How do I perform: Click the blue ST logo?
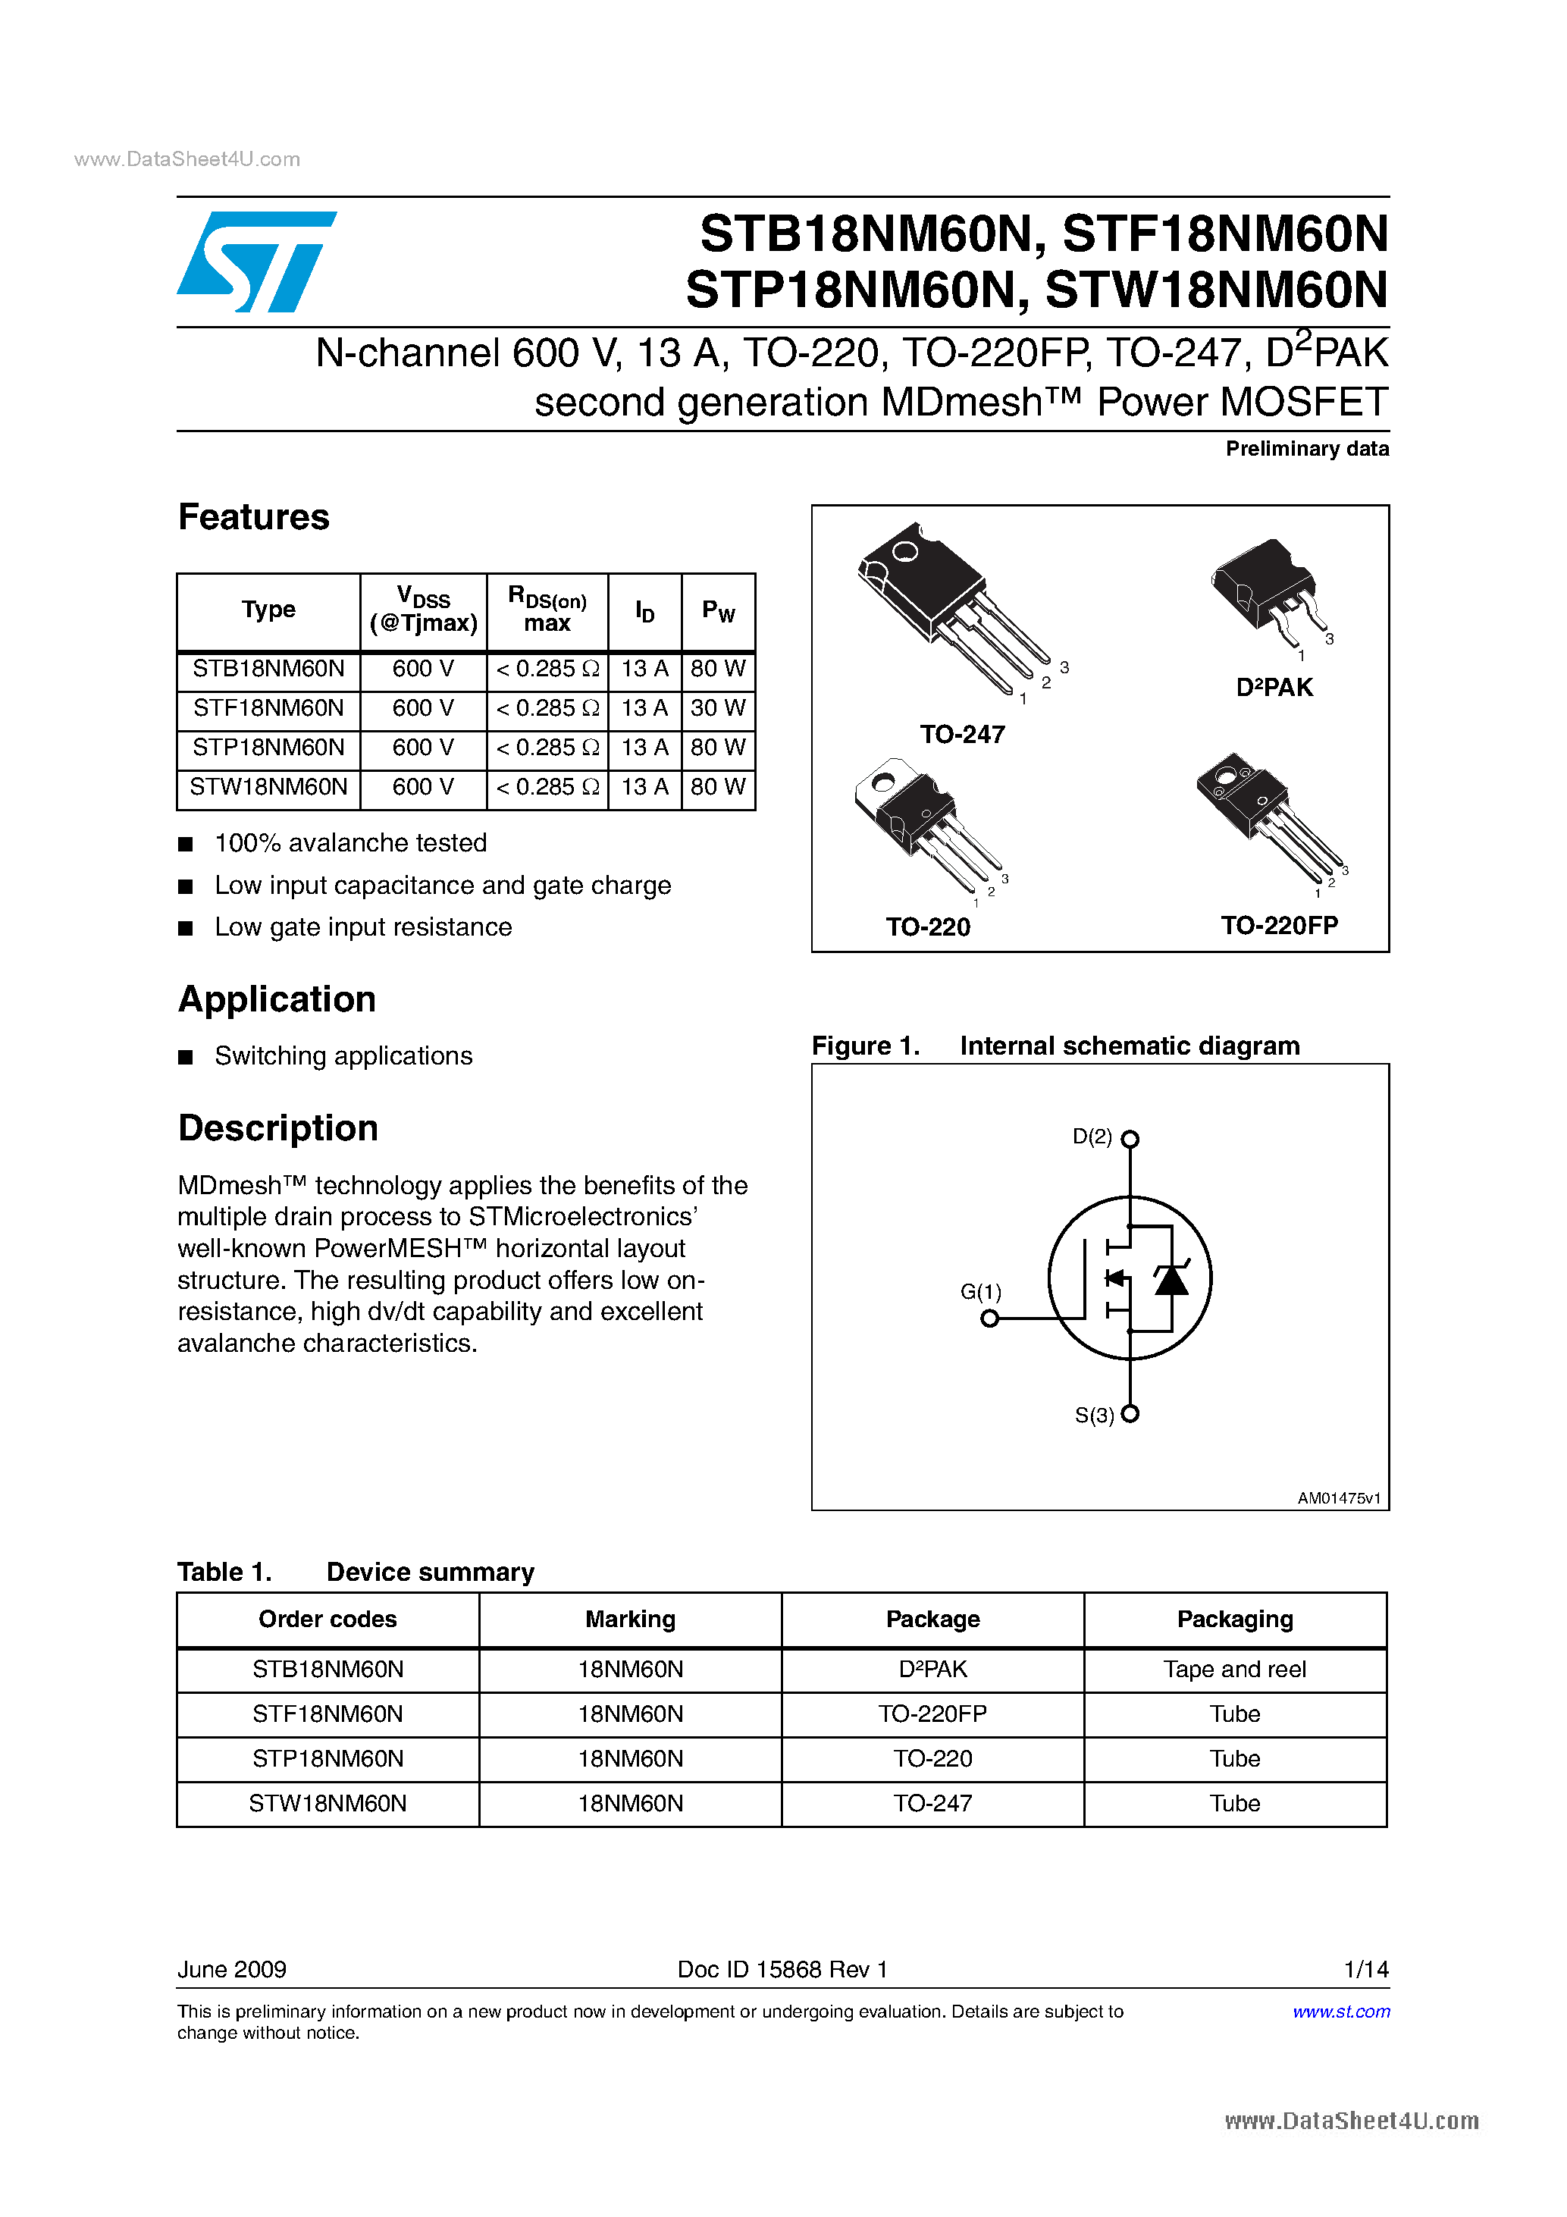coord(255,262)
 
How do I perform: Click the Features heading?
coord(254,518)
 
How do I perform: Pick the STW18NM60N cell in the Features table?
coord(268,787)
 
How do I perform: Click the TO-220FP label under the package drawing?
coord(1279,926)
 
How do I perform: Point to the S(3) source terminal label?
coord(1095,1416)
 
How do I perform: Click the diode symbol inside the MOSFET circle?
coord(1172,1279)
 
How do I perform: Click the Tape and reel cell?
coord(1234,1670)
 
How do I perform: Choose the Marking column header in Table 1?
coord(631,1620)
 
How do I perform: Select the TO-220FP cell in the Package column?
coord(932,1714)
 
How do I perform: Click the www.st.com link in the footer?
coord(1341,2012)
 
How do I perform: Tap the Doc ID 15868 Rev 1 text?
coord(782,1969)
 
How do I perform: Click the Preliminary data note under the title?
coord(1306,449)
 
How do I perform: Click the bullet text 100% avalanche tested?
coord(350,843)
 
